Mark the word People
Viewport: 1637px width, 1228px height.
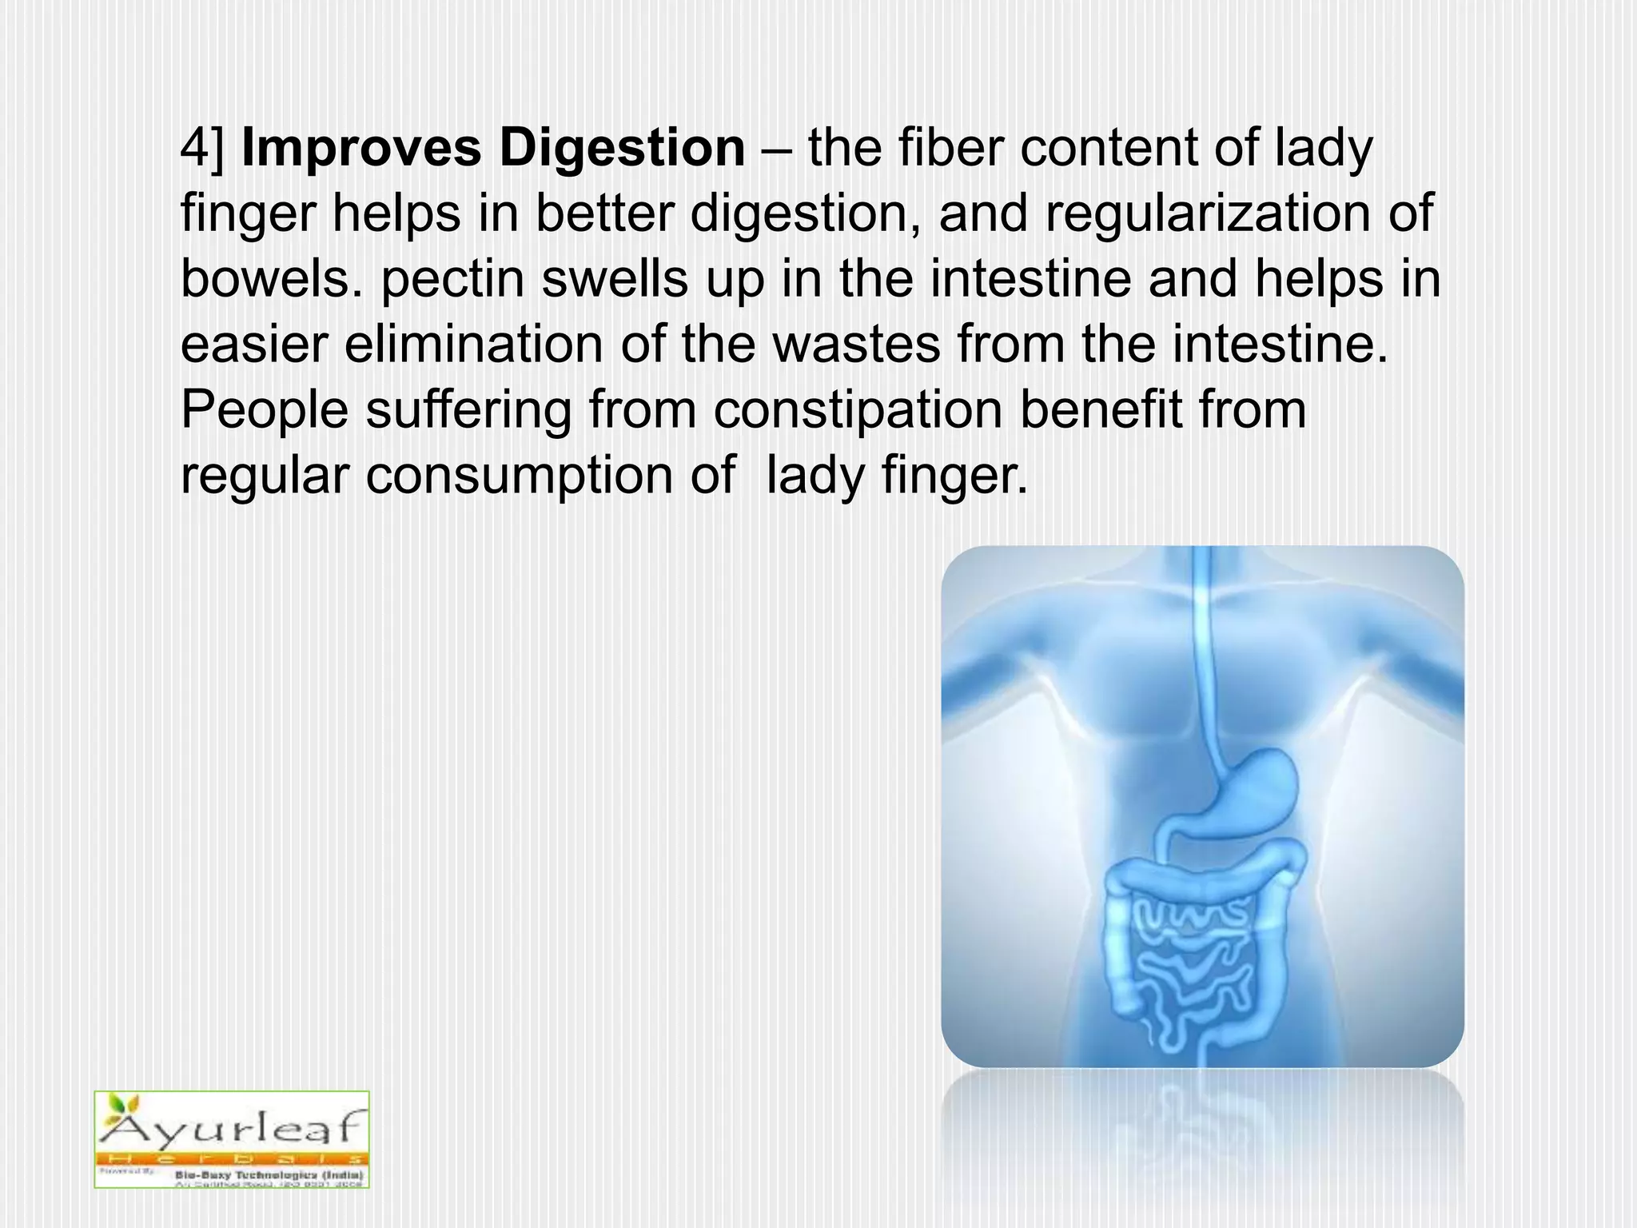tap(264, 410)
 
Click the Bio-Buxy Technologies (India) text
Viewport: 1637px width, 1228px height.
tap(269, 1174)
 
